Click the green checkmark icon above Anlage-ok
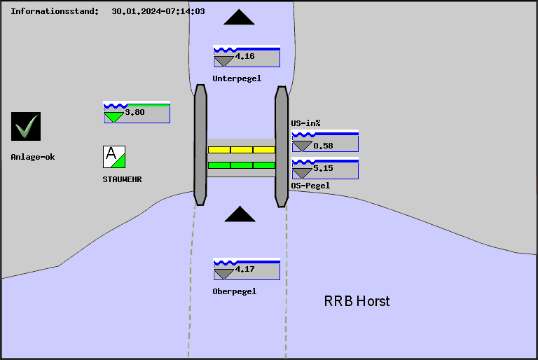click(26, 126)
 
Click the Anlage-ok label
click(33, 157)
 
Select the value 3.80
click(135, 112)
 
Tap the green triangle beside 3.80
click(113, 117)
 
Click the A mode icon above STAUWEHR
click(114, 157)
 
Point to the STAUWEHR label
click(122, 179)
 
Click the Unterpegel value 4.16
click(245, 56)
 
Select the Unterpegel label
click(237, 78)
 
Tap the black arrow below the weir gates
click(240, 214)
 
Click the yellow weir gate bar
click(242, 150)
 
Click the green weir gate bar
click(242, 165)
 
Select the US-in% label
click(306, 123)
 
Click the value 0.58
click(323, 146)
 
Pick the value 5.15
click(323, 169)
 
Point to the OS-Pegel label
click(310, 186)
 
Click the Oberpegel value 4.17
click(245, 269)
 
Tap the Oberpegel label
click(235, 291)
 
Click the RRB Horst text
click(357, 301)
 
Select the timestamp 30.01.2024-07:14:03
click(158, 11)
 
